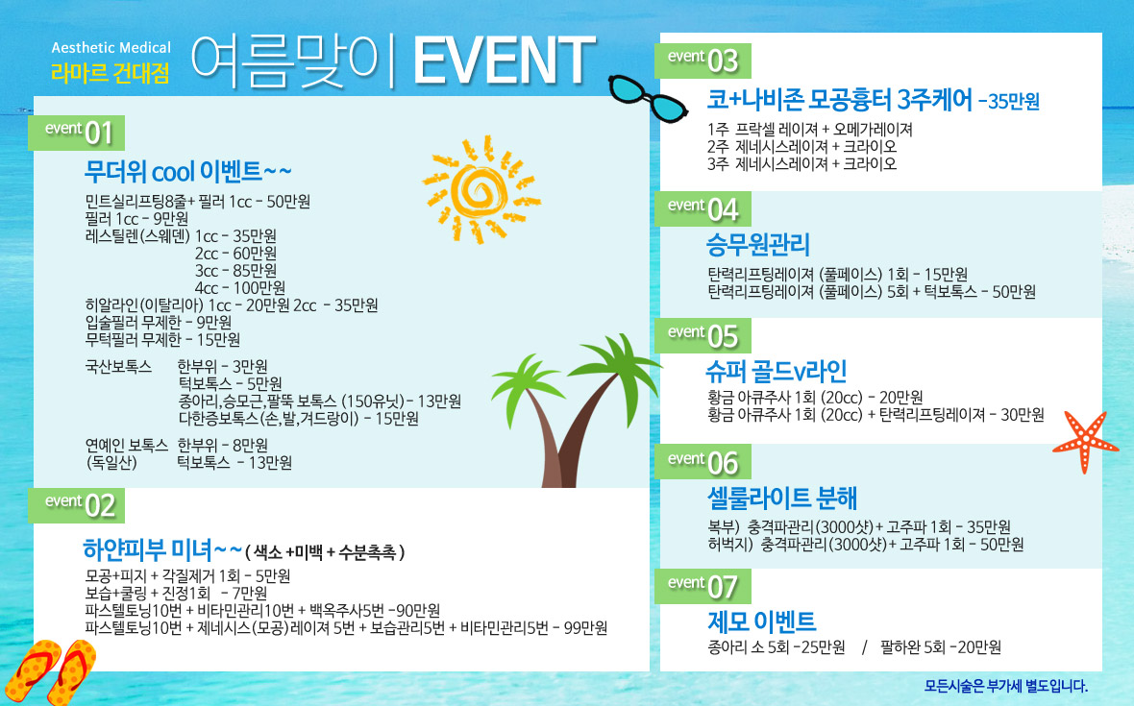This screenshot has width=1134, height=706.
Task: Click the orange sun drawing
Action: click(x=481, y=189)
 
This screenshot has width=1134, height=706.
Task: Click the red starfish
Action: click(x=1085, y=441)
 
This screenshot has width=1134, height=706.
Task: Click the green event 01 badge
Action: click(x=77, y=133)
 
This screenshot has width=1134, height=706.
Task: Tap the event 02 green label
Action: click(x=77, y=505)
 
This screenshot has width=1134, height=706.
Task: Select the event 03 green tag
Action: click(x=703, y=61)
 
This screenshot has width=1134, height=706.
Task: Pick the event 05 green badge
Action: click(x=703, y=336)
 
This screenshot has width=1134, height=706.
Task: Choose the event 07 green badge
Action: click(x=703, y=586)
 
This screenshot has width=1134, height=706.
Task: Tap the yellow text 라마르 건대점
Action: click(x=111, y=73)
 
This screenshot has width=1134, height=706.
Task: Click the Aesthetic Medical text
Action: click(x=111, y=48)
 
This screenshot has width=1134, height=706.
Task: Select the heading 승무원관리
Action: click(x=758, y=244)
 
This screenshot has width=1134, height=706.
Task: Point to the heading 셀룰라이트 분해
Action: click(x=782, y=498)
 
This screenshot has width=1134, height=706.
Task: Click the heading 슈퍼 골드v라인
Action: click(x=776, y=372)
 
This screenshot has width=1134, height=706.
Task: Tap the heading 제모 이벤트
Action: click(x=761, y=621)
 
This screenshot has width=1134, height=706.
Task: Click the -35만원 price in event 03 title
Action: click(x=1009, y=101)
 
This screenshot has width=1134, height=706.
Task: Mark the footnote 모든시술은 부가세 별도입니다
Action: click(x=1006, y=686)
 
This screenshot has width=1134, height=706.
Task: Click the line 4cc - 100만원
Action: click(x=240, y=287)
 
